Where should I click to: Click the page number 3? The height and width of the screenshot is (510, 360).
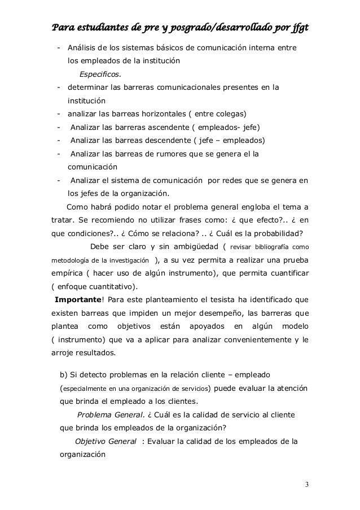[306, 484]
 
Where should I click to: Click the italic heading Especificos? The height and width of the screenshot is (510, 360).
[100, 73]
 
